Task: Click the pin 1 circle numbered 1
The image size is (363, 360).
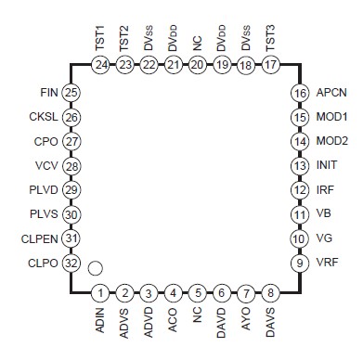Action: (x=99, y=293)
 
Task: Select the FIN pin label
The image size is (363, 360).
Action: (x=50, y=93)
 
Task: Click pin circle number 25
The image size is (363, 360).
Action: (x=71, y=93)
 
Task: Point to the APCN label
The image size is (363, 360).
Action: (x=331, y=94)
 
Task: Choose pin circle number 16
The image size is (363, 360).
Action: (x=299, y=94)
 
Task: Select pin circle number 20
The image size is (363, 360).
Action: (x=197, y=64)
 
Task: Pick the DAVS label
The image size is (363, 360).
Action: (x=270, y=324)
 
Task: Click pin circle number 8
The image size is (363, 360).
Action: (x=270, y=293)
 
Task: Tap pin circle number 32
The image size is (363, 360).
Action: (x=71, y=263)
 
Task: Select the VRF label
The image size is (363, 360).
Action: (x=327, y=263)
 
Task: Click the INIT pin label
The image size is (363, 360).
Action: (x=326, y=166)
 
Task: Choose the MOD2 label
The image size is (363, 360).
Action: (x=331, y=142)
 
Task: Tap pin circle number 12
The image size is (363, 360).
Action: (x=299, y=190)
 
